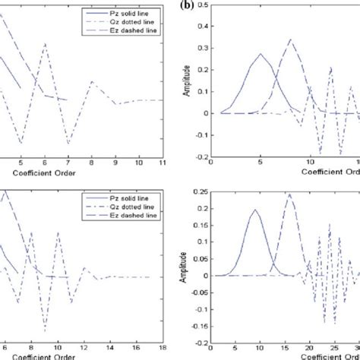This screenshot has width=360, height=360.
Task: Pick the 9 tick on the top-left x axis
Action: pyautogui.click(x=115, y=163)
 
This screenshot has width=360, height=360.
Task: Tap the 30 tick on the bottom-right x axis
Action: pyautogui.click(x=356, y=347)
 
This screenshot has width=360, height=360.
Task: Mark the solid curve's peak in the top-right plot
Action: pyautogui.click(x=261, y=54)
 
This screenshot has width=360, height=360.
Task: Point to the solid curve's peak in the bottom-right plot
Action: pyautogui.click(x=255, y=210)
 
